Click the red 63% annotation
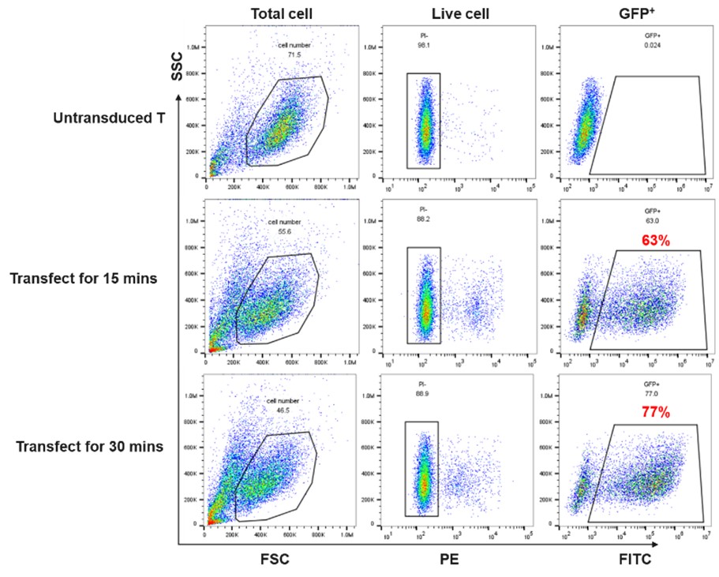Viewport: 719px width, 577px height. (654, 241)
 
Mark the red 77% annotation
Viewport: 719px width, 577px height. (653, 413)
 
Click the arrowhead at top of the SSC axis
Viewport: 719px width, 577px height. (180, 98)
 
